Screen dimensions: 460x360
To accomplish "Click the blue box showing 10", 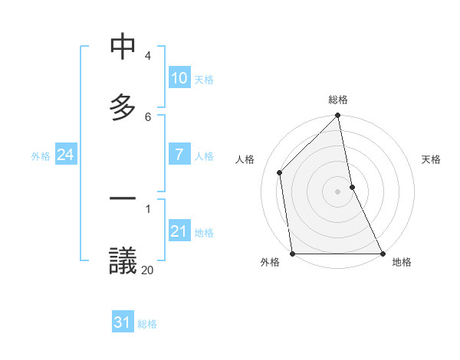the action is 179,78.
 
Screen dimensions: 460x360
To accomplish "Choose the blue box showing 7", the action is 179,155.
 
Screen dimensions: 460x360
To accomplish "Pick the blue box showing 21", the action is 179,231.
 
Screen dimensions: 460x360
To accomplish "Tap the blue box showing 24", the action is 65,155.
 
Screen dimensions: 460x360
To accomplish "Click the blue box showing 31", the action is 123,322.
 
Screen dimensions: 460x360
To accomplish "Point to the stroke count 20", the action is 147,269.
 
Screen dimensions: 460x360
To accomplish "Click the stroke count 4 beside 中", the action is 148,56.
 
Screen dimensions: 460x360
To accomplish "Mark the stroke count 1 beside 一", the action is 148,208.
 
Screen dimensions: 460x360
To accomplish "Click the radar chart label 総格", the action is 338,100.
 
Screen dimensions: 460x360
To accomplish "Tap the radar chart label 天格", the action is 432,159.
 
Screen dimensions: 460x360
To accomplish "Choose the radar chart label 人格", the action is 245,159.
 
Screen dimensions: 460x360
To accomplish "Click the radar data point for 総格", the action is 338,116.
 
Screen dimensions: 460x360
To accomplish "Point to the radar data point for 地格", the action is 383,254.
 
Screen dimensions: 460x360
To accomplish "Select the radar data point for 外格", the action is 293,254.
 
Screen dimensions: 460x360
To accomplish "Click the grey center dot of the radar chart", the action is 338,191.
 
